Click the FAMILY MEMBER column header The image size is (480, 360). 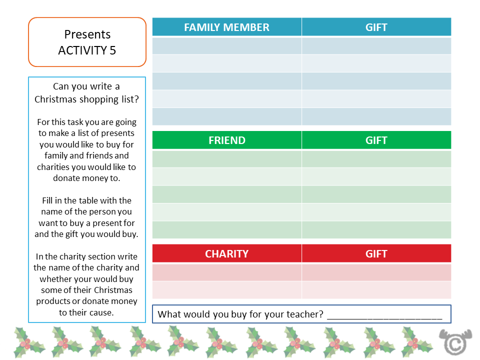226,27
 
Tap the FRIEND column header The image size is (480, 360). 226,140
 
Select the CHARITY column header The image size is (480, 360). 226,253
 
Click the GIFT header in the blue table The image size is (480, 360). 376,27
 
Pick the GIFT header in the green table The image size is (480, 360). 376,140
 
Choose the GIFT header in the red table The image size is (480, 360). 376,253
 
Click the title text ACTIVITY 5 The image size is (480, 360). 87,50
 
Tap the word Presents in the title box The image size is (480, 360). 87,34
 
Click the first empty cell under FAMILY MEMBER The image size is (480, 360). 226,45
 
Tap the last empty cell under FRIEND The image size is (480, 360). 226,229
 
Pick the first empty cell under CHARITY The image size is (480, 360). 226,272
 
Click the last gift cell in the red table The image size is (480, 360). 376,290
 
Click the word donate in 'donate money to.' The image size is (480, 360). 65,178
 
